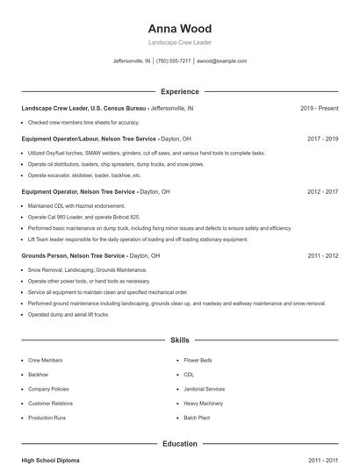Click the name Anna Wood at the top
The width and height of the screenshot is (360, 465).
(179, 28)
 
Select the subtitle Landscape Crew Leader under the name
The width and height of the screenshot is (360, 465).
(179, 42)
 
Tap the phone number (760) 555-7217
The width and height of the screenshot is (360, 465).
(174, 61)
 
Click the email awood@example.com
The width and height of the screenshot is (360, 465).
(221, 61)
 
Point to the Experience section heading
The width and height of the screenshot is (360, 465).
(179, 91)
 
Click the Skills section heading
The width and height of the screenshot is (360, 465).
(179, 340)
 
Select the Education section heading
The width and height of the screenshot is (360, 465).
(179, 444)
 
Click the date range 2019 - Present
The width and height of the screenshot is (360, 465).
(319, 109)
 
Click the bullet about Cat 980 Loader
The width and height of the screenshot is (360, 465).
(83, 217)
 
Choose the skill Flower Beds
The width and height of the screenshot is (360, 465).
(198, 361)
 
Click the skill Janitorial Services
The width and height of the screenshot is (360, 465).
(204, 389)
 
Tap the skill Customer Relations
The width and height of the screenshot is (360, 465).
(50, 404)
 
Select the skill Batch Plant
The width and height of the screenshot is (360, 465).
(197, 418)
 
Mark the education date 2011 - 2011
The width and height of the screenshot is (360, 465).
(323, 460)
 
